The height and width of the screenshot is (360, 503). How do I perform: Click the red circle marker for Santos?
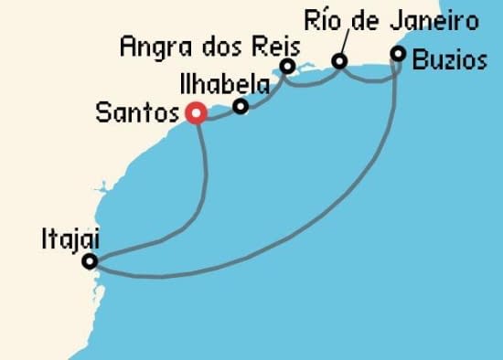click(x=195, y=113)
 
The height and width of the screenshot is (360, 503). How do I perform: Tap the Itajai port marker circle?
click(x=90, y=262)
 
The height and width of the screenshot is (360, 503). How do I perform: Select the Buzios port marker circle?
click(x=398, y=54)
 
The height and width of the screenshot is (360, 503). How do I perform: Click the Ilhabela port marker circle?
click(x=241, y=107)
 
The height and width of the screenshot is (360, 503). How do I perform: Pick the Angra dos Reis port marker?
click(x=287, y=66)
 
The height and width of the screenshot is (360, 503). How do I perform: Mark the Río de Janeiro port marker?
click(x=339, y=62)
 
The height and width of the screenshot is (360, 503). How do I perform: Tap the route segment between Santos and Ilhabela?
click(x=218, y=114)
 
